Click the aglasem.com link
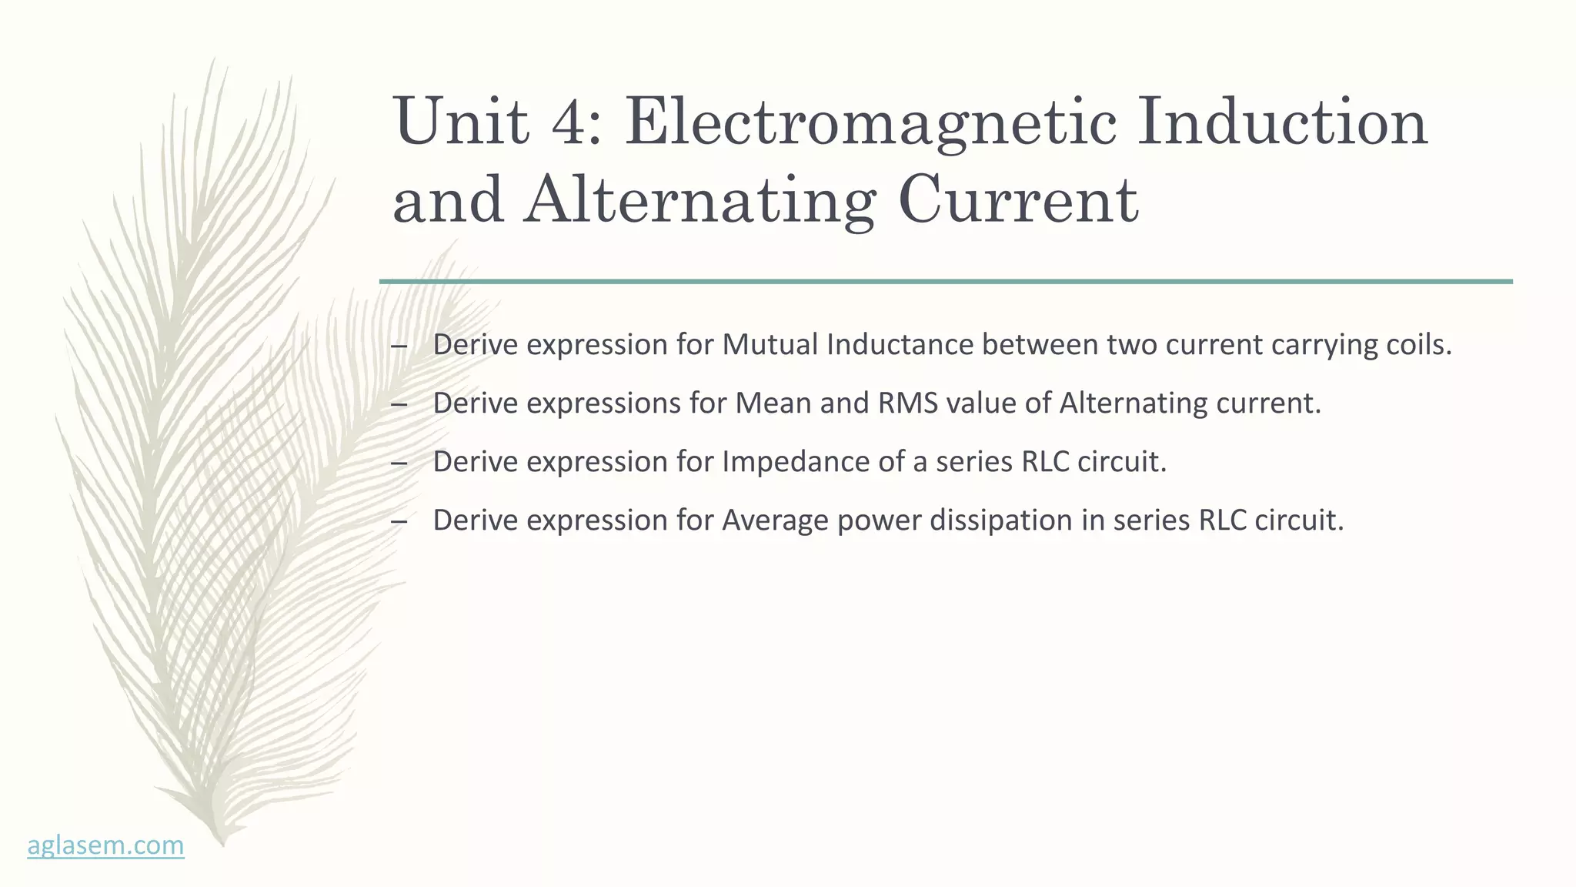coord(105,845)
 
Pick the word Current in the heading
coord(1017,200)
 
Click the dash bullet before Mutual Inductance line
coord(399,346)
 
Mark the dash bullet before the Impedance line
coord(399,463)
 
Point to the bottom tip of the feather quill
coord(222,842)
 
